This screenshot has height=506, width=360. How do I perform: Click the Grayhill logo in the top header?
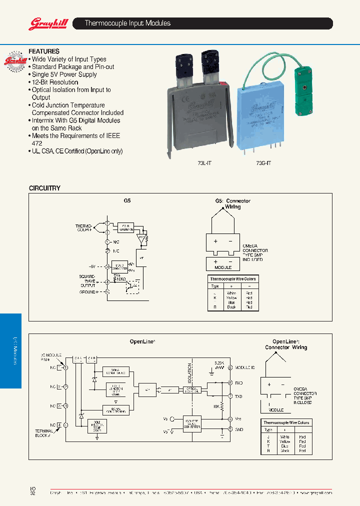click(44, 23)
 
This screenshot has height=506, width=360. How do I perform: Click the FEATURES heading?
click(44, 51)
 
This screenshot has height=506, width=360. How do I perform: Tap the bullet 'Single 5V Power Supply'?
click(64, 74)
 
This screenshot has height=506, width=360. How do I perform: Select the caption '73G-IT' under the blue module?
click(263, 162)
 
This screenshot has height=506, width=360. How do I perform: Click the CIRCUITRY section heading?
click(44, 188)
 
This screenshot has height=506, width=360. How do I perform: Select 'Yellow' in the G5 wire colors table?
click(231, 298)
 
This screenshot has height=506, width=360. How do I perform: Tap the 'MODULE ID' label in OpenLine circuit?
click(245, 367)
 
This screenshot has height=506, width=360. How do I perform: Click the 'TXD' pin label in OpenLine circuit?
click(239, 395)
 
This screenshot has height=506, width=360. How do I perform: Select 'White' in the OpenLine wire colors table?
click(285, 437)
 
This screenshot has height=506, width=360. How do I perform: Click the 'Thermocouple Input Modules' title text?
click(127, 23)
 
